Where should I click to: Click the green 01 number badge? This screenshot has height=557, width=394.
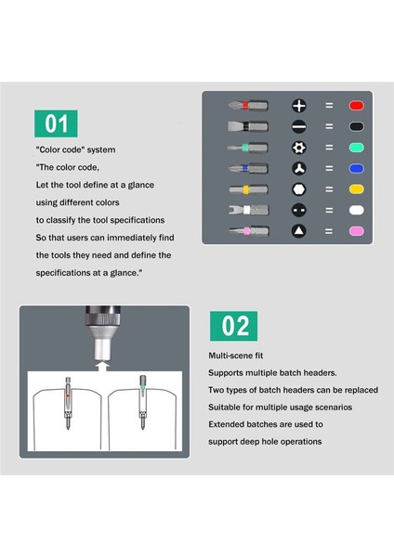click(x=56, y=123)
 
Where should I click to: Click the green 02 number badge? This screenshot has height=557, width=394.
click(x=233, y=326)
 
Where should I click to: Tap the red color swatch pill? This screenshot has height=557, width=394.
click(x=356, y=106)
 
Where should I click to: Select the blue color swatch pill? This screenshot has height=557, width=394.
click(x=356, y=168)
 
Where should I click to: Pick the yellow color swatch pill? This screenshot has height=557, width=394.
click(x=356, y=189)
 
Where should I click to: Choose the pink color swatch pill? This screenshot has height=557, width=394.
click(x=356, y=231)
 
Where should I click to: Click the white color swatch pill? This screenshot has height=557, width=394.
click(x=356, y=211)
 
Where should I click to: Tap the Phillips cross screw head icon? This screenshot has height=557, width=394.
click(x=298, y=106)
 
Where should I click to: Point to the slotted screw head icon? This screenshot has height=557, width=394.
click(x=298, y=126)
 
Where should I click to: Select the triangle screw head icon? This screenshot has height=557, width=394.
click(x=298, y=231)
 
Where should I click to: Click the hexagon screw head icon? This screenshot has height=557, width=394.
click(x=298, y=189)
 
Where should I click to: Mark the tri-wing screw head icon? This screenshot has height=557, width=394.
click(x=298, y=168)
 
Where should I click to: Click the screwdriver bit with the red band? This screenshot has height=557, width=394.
click(x=248, y=105)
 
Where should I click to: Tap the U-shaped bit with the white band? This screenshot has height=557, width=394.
click(x=248, y=210)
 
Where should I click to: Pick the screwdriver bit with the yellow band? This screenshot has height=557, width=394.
click(x=248, y=189)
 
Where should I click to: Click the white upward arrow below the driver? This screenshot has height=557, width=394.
click(x=103, y=367)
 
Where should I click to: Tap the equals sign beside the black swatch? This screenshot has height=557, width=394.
click(x=329, y=126)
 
